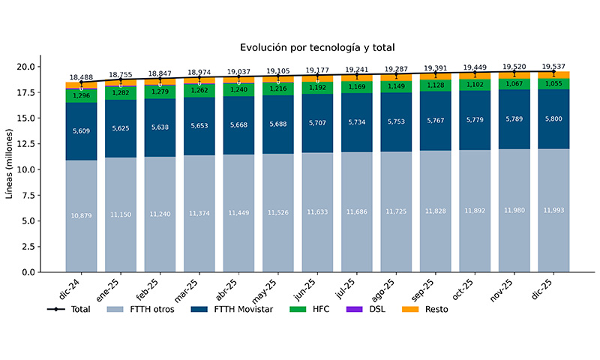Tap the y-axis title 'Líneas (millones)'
(x=10, y=163)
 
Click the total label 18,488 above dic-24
(x=81, y=77)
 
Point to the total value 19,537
(x=553, y=66)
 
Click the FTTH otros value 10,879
(x=81, y=216)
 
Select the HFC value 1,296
(x=81, y=96)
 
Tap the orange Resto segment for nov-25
(x=514, y=76)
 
